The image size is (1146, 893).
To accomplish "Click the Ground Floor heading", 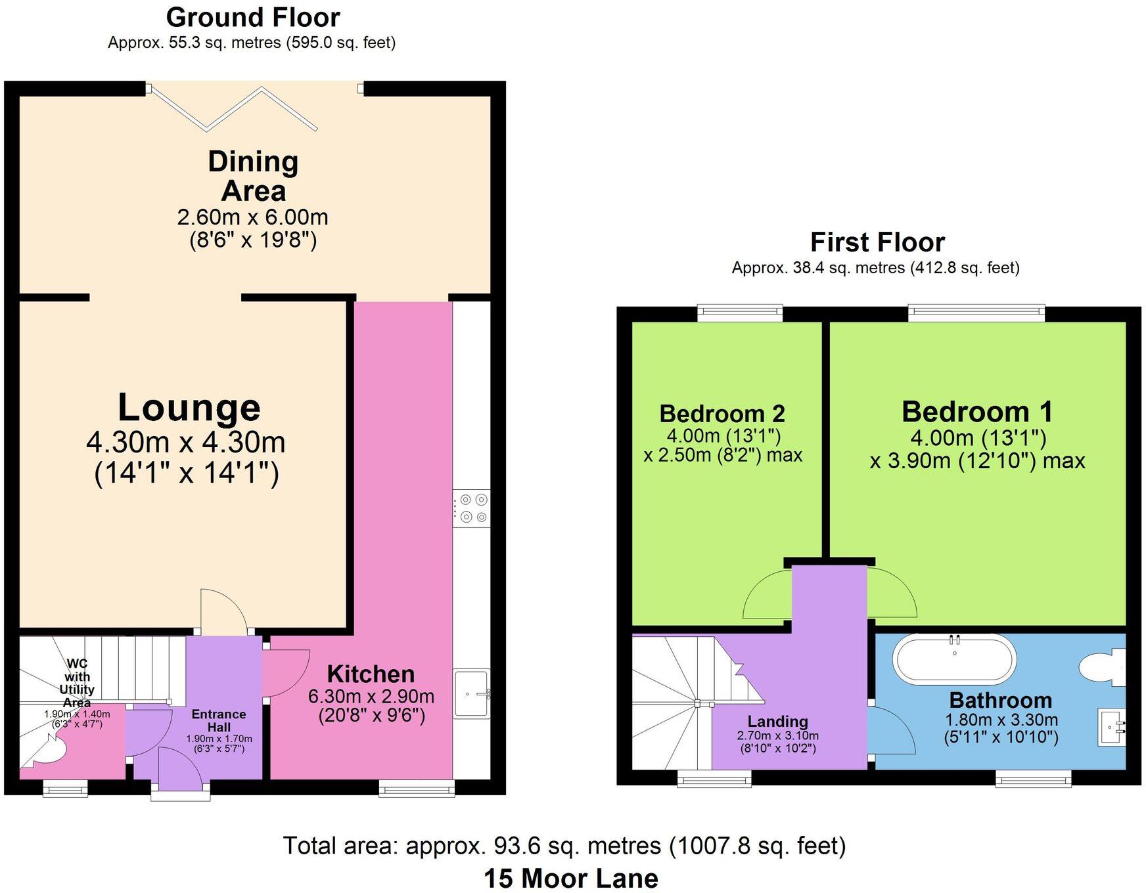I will (253, 18).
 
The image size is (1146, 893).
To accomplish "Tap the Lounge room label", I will (189, 408).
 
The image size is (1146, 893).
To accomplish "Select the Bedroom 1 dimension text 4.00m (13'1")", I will (978, 437).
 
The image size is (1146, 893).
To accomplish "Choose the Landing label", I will (777, 722).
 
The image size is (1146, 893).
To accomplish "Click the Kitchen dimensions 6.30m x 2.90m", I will (371, 696).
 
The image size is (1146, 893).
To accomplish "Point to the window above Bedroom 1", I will (976, 313).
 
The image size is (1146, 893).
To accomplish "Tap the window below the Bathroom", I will (1033, 779).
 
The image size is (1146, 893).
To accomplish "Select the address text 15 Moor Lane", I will (570, 878).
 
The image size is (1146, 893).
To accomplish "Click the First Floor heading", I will (877, 242).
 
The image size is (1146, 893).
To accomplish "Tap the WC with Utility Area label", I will (77, 683).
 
